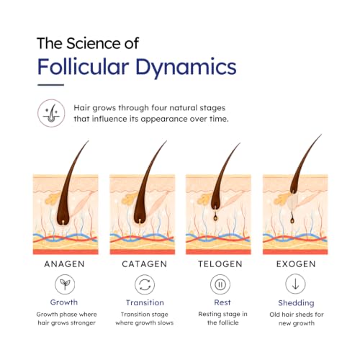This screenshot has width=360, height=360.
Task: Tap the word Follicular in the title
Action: (84, 66)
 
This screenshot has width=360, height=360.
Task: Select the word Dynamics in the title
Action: (186, 68)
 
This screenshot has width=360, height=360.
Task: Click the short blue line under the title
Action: (50, 85)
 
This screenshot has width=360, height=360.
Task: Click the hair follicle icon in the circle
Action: (51, 113)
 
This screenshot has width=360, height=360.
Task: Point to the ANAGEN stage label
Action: (64, 264)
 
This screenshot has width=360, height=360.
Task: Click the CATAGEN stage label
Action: (145, 264)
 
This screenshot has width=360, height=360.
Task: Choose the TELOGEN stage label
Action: (220, 264)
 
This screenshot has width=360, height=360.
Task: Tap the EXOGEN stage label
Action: (296, 264)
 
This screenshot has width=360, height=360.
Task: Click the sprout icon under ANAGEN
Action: (65, 284)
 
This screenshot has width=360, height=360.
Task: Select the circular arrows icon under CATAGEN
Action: (145, 284)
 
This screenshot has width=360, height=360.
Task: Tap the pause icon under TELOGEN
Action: (220, 284)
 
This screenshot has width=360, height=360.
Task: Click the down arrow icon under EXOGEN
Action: (295, 284)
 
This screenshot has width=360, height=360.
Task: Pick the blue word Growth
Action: (64, 302)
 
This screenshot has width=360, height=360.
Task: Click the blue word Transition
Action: (145, 302)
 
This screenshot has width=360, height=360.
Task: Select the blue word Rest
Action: (222, 302)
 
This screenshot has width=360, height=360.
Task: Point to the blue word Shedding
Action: (296, 303)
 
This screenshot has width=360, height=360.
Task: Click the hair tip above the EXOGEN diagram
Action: (321, 135)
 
